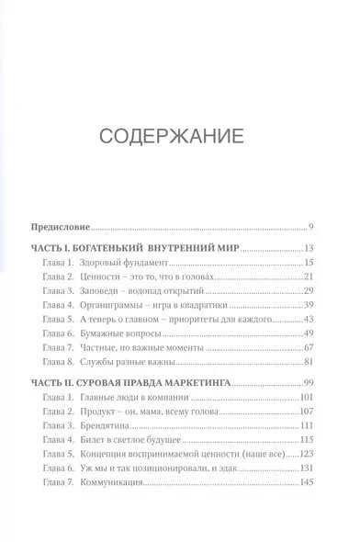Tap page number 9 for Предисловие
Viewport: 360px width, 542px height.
[312, 227]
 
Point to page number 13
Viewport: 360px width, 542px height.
[309, 249]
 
